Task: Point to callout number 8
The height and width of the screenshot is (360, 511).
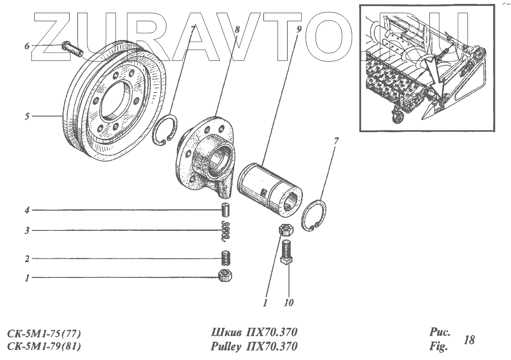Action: click(237, 30)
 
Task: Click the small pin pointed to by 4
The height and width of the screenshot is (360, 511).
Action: click(226, 210)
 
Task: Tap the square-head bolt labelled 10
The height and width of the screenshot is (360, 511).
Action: click(288, 254)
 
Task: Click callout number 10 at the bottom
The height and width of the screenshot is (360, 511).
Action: click(289, 303)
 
